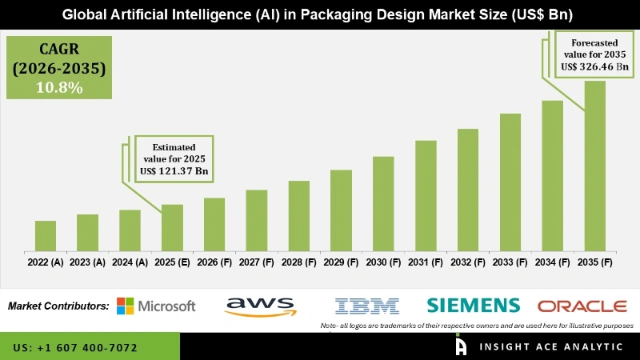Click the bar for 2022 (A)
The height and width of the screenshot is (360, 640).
pos(46,236)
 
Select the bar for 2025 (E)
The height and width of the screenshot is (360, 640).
pos(172,228)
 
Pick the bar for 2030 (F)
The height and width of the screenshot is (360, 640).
pos(383,204)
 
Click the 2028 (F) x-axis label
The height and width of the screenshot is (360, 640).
pos(299,262)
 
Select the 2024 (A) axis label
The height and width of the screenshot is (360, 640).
pos(130,262)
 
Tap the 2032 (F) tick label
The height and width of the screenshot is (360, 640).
pos(468,262)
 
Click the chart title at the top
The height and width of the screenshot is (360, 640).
pos(320,15)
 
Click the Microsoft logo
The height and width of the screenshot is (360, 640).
pos(156,306)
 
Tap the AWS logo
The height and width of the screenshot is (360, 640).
pos(261,306)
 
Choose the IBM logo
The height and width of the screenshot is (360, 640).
pos(367,306)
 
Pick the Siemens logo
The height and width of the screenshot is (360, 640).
pos(473,305)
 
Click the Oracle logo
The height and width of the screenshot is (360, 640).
pos(582,306)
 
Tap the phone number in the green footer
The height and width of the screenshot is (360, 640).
pos(75,348)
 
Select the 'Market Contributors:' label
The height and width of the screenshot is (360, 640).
pos(58,306)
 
